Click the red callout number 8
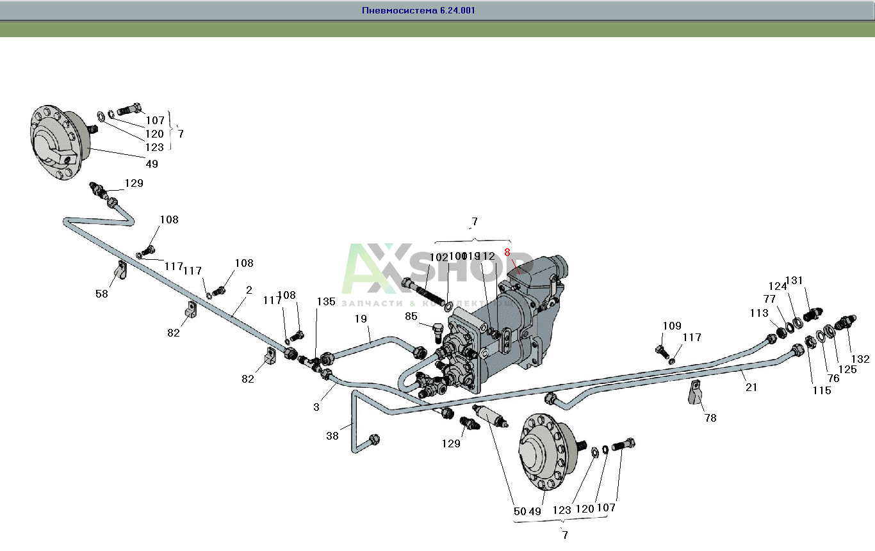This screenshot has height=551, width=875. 507,253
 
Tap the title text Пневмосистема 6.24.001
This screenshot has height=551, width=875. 418,11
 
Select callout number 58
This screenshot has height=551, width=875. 102,294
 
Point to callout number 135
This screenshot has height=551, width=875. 325,301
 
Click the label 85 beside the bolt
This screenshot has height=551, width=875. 411,316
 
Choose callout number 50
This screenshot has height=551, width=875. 519,511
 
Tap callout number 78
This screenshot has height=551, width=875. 710,418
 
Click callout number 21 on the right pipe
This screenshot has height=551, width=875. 751,387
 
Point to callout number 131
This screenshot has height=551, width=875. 794,280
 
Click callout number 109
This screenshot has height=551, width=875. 672,326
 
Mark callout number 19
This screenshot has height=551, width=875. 361,318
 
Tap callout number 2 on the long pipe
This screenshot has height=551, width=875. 249,289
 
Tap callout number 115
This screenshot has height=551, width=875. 822,390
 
